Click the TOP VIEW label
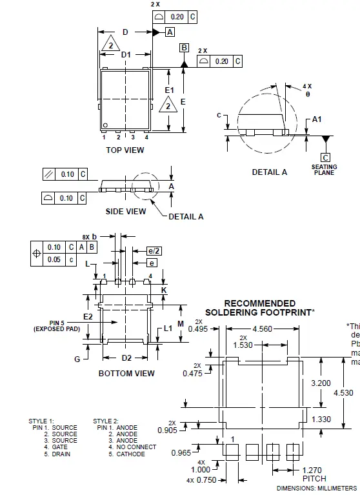point(125,150)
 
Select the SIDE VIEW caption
point(126,211)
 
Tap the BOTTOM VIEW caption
point(126,374)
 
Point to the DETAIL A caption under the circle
point(270,172)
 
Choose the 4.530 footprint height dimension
point(345,392)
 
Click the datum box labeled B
point(184,48)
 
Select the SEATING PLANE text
point(325,170)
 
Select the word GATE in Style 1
point(61,447)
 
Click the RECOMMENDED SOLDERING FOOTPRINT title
point(259,308)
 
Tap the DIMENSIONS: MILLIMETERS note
point(317,489)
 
